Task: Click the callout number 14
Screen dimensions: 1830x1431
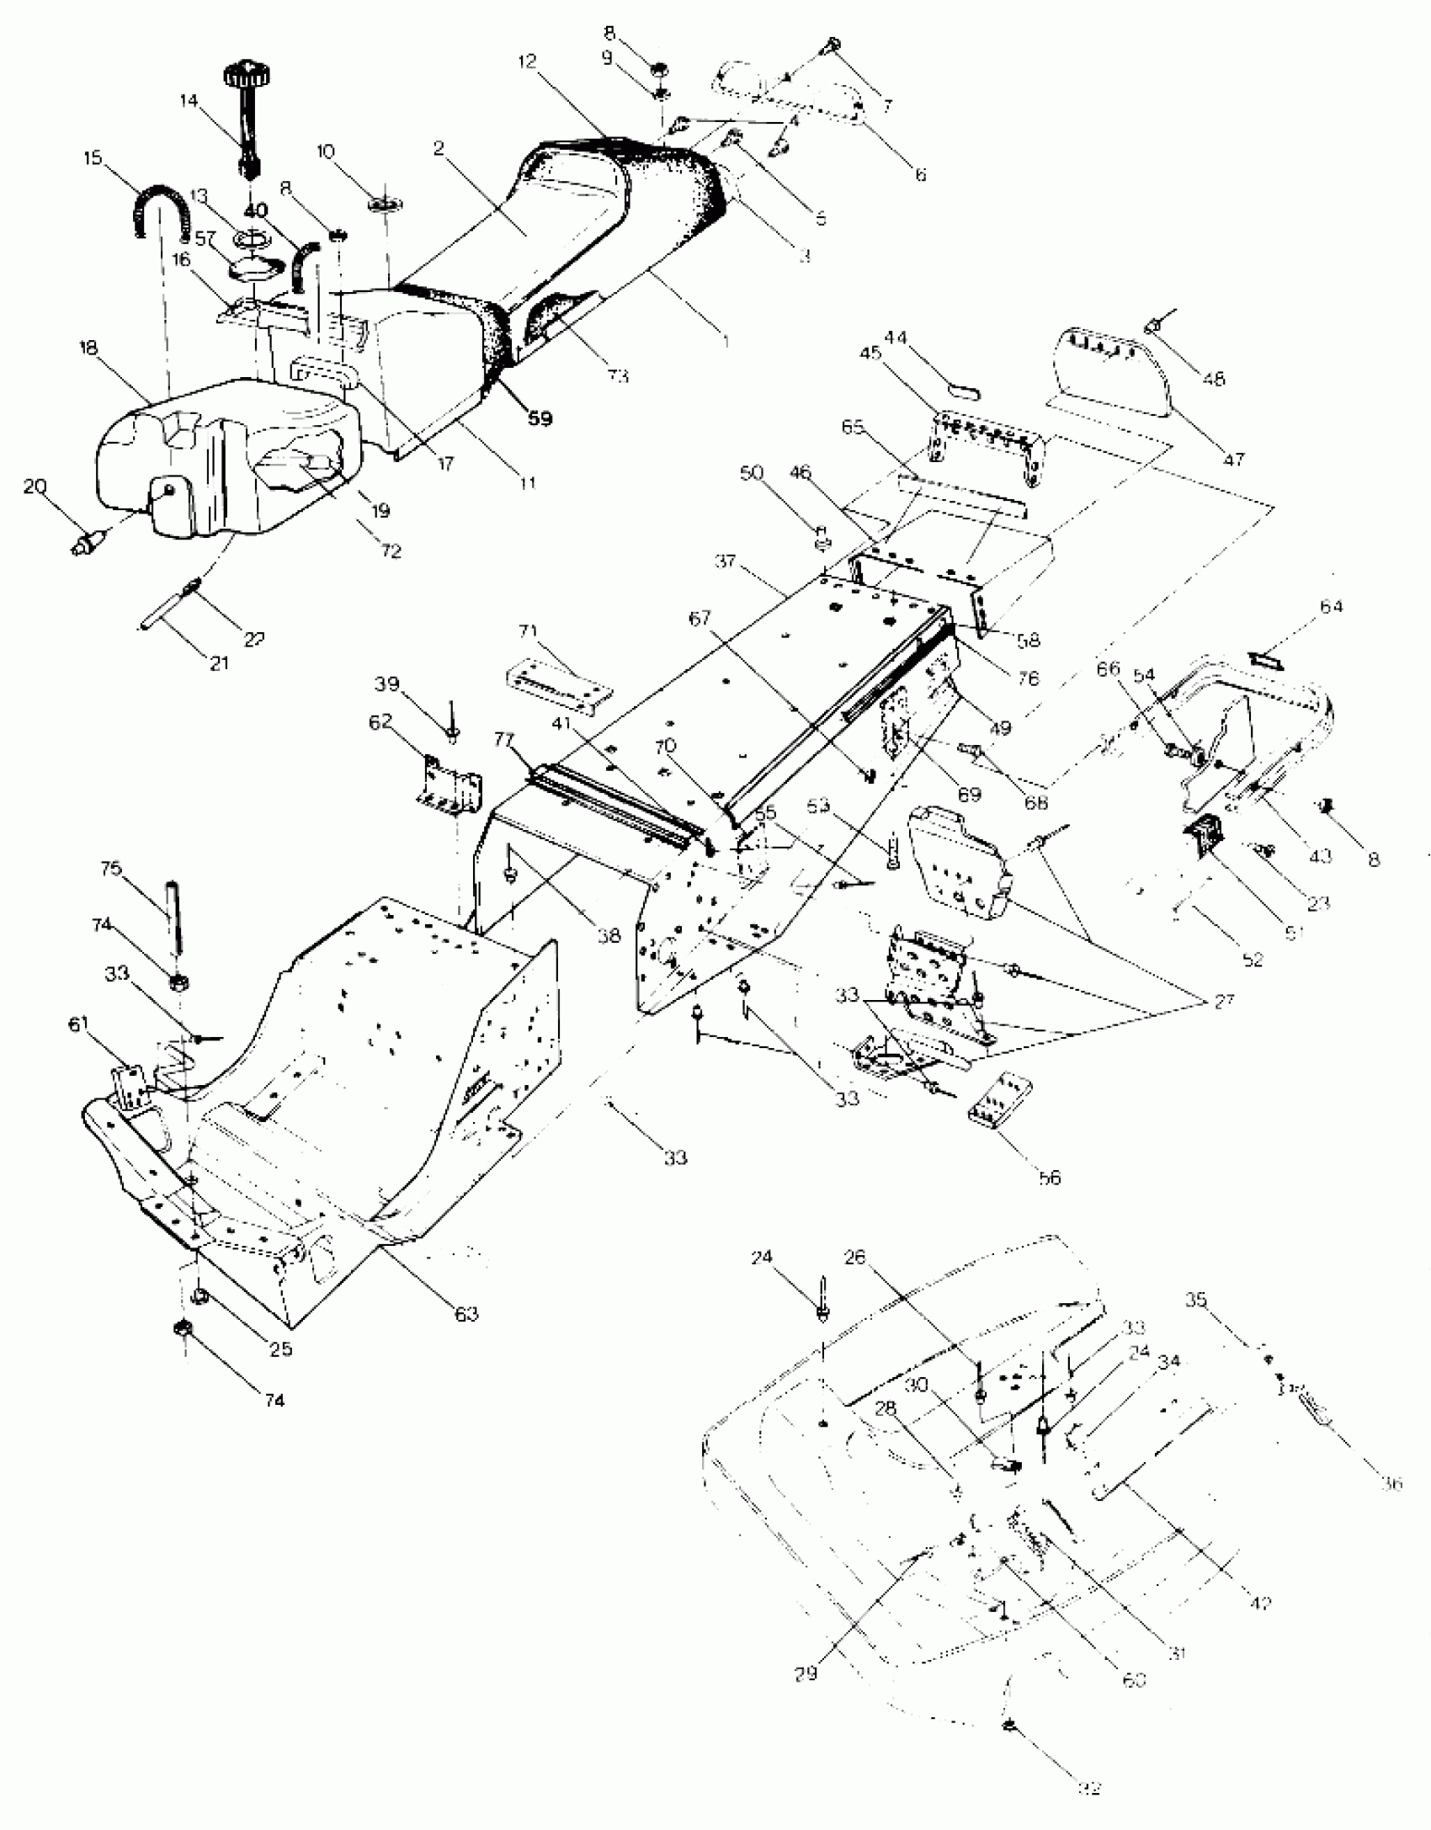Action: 189,101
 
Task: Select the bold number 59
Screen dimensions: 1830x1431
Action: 540,418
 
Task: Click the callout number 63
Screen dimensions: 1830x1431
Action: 465,1313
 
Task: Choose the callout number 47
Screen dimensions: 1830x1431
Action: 1234,460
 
